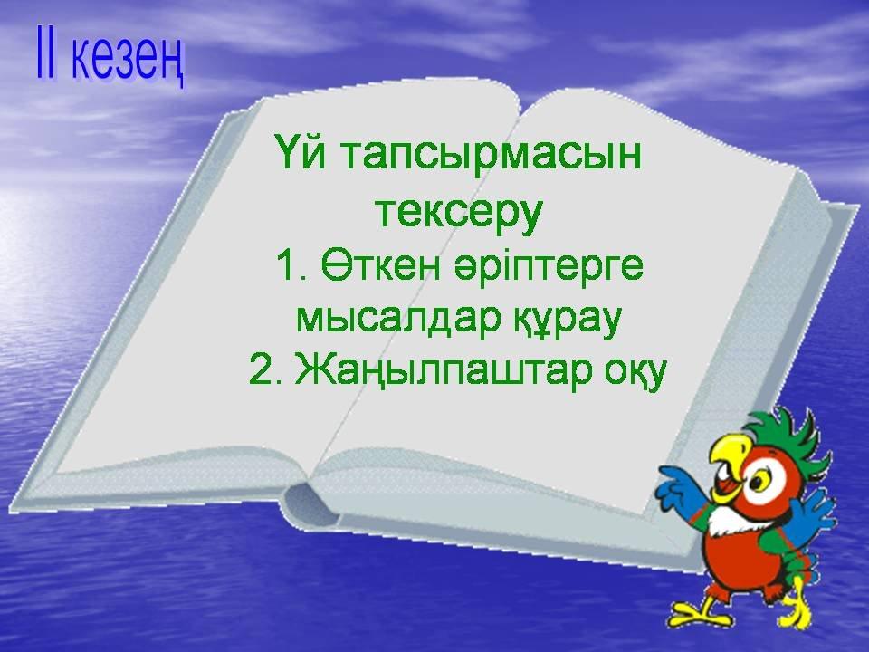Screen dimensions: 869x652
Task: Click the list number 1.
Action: (287, 266)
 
